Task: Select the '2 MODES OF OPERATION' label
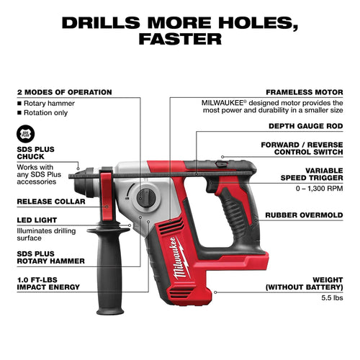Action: coord(63,92)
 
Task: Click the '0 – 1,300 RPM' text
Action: coord(321,189)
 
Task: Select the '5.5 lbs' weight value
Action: coord(330,296)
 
